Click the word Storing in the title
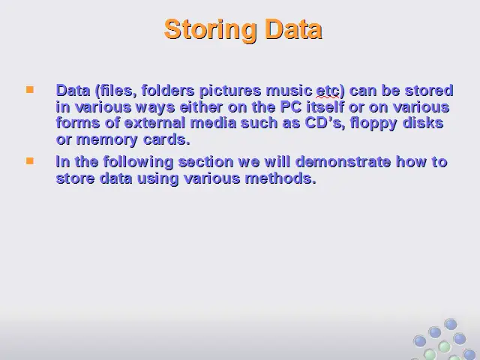210,30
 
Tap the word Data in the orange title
293,29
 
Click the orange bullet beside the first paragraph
30,90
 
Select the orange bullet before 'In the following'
30,161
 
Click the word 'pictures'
230,91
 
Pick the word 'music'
289,91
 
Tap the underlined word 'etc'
328,91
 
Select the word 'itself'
325,107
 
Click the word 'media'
213,123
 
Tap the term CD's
325,123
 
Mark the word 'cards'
166,139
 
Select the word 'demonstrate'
343,162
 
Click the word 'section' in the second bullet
205,162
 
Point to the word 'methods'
280,178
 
